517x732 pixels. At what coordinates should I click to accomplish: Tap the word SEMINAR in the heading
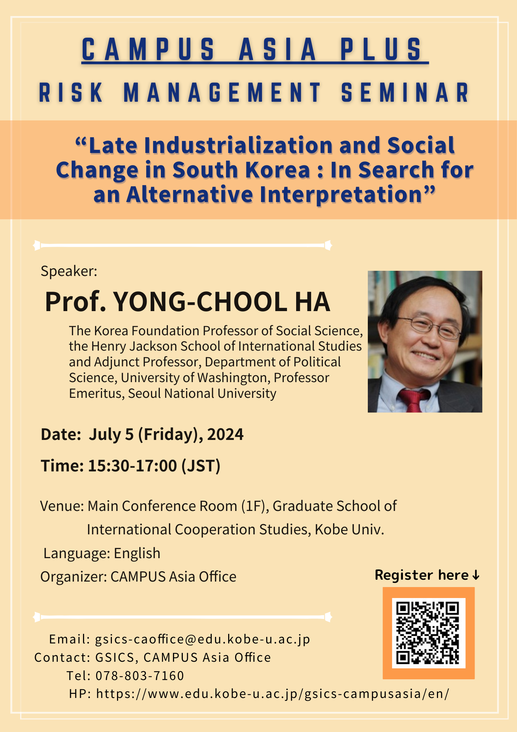pyautogui.click(x=405, y=92)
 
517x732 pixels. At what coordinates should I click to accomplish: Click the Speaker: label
pyautogui.click(x=69, y=271)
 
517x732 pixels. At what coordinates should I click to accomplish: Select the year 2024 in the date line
pyautogui.click(x=225, y=434)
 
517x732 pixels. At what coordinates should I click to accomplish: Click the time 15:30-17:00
pyautogui.click(x=132, y=466)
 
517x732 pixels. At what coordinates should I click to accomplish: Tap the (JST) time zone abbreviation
pyautogui.click(x=201, y=466)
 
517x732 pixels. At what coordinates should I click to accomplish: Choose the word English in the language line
pyautogui.click(x=137, y=553)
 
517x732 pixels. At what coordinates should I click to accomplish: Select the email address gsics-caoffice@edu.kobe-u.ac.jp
pyautogui.click(x=203, y=639)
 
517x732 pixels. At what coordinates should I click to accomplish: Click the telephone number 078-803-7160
pyautogui.click(x=140, y=676)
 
